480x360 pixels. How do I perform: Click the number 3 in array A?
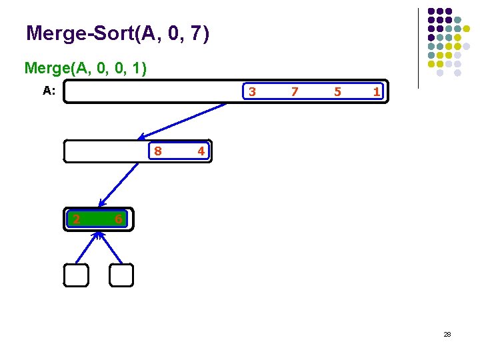251,92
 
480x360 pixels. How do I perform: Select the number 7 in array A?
294,92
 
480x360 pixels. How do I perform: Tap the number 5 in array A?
337,92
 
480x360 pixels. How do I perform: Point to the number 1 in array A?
377,92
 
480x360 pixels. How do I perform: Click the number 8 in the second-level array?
157,151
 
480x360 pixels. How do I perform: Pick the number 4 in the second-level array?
200,151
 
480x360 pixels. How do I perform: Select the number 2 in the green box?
76,219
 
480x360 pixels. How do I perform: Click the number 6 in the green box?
118,219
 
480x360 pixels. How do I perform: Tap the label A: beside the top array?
49,91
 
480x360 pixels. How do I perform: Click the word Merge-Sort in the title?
79,33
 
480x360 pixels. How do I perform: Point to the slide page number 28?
447,334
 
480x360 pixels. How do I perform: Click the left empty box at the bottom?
76,275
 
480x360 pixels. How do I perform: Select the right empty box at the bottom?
121,275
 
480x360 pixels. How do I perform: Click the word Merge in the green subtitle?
45,68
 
